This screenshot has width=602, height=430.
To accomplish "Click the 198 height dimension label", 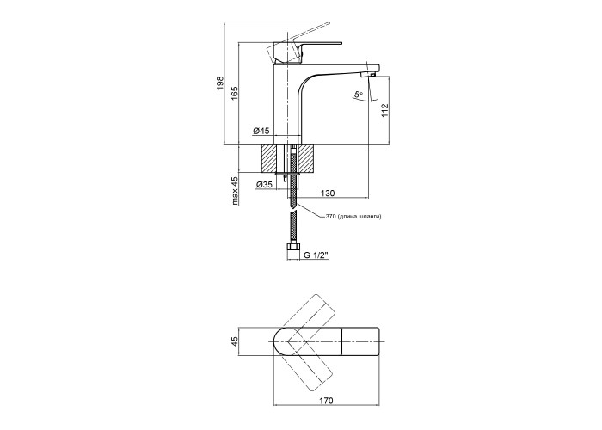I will [x=222, y=83].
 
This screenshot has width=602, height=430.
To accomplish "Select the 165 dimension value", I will [x=234, y=93].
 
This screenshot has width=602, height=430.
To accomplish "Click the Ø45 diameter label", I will [x=261, y=132].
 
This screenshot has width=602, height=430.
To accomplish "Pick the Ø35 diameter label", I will [x=264, y=185].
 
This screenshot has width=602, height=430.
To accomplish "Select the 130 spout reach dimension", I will [x=329, y=193].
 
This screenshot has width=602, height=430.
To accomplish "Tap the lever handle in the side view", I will [x=305, y=46].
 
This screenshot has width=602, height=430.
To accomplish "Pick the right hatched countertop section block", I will [x=308, y=160].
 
